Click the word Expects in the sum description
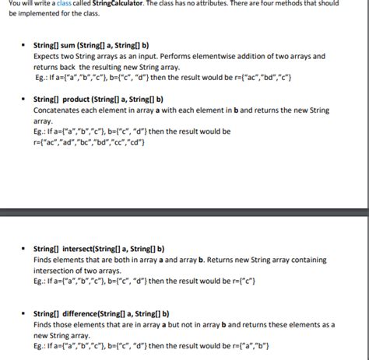tap(47, 58)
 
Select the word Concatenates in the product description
tap(56, 111)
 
